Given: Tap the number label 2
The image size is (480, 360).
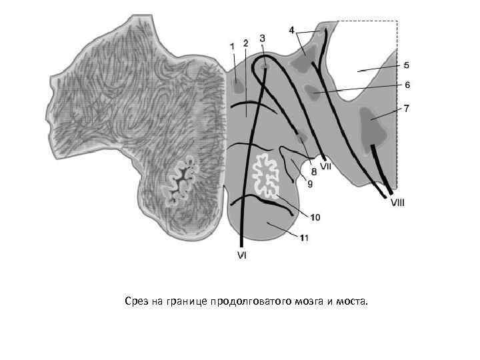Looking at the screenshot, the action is [x=245, y=43].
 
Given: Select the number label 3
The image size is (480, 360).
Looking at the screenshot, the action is [x=262, y=38].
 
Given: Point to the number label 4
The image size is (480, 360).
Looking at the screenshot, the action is [x=292, y=30].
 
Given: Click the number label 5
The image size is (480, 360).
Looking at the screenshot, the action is [x=407, y=65].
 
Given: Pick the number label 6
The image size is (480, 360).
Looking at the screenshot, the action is [x=407, y=85].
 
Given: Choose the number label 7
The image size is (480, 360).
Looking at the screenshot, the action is [x=407, y=107].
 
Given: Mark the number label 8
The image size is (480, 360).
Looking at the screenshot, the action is [x=313, y=171].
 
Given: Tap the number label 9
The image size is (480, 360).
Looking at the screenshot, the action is [x=309, y=184].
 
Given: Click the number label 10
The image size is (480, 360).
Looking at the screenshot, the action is [x=315, y=217].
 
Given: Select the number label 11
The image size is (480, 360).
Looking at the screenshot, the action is [x=303, y=237].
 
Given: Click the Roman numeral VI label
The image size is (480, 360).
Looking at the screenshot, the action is [x=241, y=255].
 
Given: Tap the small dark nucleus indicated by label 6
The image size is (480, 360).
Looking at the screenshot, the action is [x=312, y=90].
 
